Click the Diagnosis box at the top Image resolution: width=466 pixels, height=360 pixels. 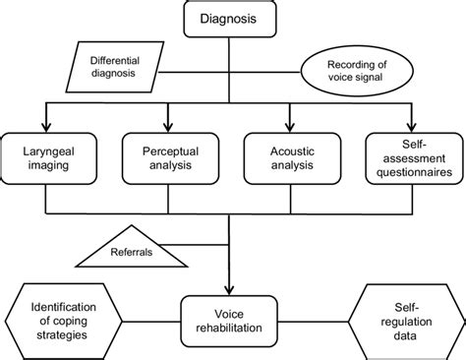pos(228,18)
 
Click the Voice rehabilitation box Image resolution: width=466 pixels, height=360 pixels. pos(228,320)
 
